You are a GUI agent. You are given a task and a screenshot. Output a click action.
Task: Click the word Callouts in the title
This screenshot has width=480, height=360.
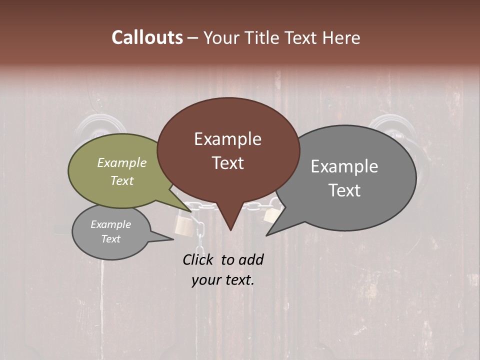(147, 37)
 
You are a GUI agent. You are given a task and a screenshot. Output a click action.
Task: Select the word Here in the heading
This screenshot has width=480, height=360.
(342, 37)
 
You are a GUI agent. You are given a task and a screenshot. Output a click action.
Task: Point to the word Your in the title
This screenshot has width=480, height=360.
(223, 38)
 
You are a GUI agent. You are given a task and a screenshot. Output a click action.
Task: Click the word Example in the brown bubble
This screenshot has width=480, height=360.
(227, 139)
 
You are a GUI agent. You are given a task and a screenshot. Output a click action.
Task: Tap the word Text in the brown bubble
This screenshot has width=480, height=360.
(227, 163)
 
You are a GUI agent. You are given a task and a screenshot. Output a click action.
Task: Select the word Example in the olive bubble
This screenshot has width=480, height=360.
(122, 162)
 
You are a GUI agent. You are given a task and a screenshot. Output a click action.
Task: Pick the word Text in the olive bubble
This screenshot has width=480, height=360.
(122, 180)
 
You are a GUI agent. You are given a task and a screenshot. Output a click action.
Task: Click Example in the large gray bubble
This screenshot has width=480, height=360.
(344, 166)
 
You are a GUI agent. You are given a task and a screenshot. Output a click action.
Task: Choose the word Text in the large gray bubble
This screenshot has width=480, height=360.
(344, 190)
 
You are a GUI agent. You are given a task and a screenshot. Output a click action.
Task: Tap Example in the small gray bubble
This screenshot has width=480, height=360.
(110, 224)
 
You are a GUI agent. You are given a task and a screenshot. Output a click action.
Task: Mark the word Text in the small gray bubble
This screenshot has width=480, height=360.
(110, 239)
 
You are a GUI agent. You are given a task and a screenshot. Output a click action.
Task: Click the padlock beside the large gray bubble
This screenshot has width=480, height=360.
(270, 215)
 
